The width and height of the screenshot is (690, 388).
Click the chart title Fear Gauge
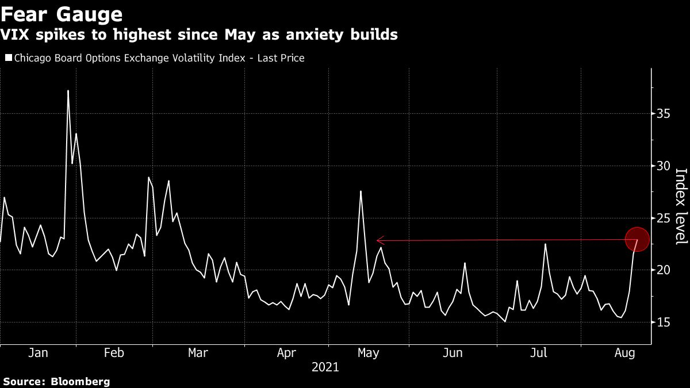62,13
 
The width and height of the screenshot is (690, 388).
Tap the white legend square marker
9,58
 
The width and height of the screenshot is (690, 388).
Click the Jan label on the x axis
38,353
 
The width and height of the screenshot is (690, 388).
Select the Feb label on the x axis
113,353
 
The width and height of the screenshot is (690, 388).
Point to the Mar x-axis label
198,353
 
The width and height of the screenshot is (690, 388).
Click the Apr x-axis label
286,353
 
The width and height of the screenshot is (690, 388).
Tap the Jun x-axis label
453,353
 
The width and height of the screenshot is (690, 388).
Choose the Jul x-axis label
539,353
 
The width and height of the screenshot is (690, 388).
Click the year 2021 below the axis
325,367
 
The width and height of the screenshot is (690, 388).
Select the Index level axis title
681,206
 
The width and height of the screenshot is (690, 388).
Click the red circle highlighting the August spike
637,239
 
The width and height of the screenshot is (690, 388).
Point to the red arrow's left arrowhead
378,241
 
